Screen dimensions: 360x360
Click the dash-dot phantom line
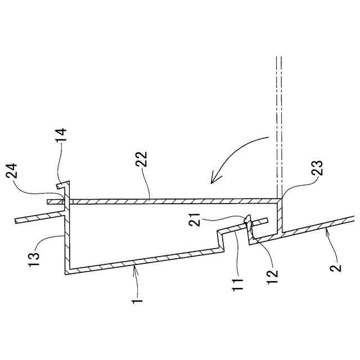[278, 124]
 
